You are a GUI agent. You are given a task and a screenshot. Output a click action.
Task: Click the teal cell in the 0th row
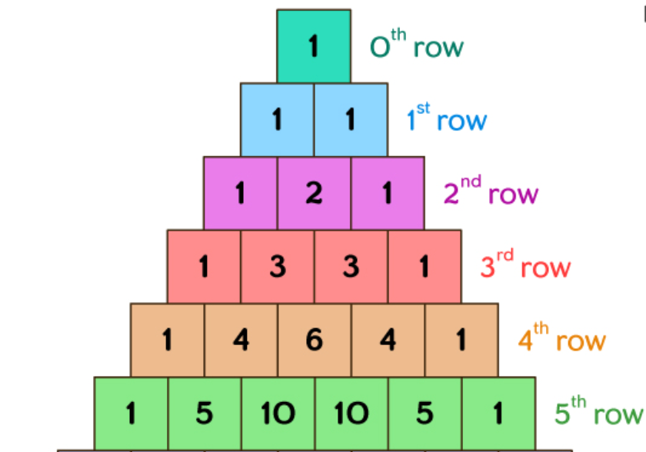click(x=314, y=46)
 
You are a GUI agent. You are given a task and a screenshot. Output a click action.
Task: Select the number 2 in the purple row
click(x=314, y=193)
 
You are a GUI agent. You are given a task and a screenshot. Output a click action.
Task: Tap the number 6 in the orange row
click(x=314, y=340)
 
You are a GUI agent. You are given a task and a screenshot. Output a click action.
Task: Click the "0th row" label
click(x=417, y=46)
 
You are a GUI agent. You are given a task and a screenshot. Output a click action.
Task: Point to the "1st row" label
click(x=447, y=119)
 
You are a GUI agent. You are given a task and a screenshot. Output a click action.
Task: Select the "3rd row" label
click(x=526, y=267)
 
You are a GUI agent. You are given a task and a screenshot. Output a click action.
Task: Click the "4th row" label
click(x=562, y=340)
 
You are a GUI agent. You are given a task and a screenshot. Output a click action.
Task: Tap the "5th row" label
click(x=598, y=414)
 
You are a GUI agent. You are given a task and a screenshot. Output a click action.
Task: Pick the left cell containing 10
click(x=278, y=414)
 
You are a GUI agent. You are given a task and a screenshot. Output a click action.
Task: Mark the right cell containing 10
click(x=351, y=414)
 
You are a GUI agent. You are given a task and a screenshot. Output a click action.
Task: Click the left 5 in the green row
click(x=204, y=414)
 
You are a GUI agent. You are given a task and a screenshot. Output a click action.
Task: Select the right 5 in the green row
click(x=425, y=414)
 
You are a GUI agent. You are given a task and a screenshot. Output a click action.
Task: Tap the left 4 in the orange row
click(x=241, y=340)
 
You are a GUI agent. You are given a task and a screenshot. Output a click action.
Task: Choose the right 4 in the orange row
click(x=388, y=340)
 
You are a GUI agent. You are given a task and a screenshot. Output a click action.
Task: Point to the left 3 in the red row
click(x=278, y=267)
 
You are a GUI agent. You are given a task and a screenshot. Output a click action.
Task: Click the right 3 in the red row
click(x=351, y=267)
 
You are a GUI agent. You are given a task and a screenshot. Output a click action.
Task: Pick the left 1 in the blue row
click(x=277, y=119)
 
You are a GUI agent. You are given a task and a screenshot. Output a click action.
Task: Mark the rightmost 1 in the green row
click(x=498, y=414)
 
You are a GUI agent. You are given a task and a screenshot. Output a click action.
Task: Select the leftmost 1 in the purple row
click(x=241, y=193)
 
